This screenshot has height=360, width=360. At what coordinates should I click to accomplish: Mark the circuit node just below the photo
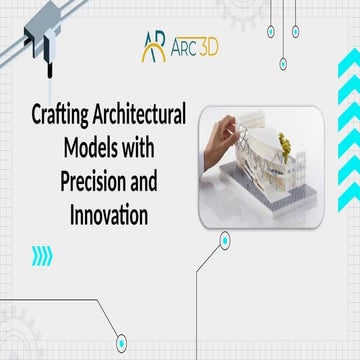click(225, 239)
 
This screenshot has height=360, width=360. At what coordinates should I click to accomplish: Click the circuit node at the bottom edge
click(121, 342)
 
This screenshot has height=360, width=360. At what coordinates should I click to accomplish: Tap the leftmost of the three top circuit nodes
click(270, 32)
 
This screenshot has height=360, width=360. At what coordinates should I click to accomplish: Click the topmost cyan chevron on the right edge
click(349, 78)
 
